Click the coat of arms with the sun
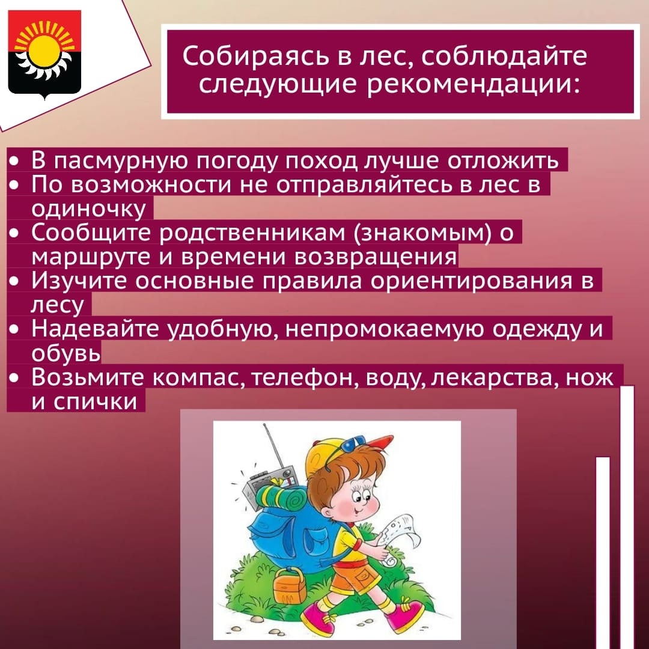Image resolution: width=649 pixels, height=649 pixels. [44, 55]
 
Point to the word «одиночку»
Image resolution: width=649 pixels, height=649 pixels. [88, 209]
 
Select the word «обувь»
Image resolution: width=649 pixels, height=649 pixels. [66, 353]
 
